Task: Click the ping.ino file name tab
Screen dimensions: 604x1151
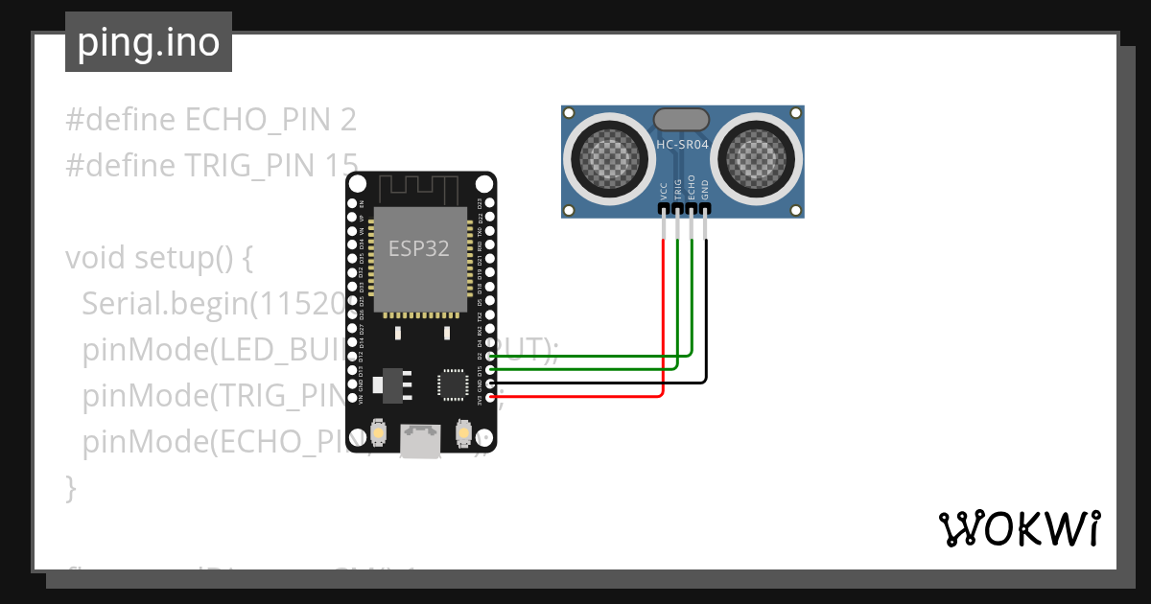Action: [149, 42]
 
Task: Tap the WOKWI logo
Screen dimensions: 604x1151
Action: [1018, 527]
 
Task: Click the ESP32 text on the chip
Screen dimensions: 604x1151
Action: [418, 249]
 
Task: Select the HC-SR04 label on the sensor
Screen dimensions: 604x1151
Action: [682, 146]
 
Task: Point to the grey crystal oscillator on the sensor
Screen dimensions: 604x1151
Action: [681, 120]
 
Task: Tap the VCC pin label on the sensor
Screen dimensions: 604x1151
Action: [664, 189]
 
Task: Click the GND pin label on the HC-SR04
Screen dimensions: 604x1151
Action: [705, 188]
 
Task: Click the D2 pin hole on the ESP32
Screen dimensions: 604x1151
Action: [490, 356]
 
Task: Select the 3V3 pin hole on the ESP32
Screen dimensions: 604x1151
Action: [490, 396]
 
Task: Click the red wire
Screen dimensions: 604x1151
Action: [663, 326]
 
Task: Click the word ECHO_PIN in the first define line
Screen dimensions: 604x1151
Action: [257, 120]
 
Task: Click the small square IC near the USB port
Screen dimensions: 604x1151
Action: [451, 383]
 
